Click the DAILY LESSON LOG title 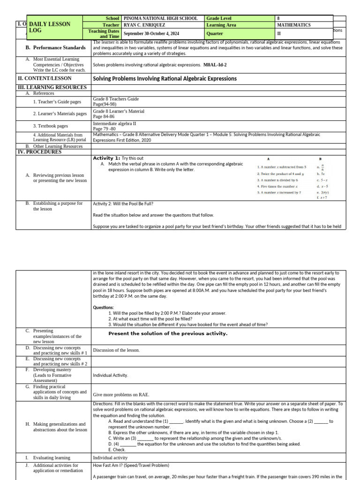[50, 27]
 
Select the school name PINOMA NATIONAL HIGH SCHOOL [157, 18]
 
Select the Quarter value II [279, 34]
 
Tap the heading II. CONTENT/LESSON [45, 78]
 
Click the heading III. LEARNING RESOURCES [52, 87]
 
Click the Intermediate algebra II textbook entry [115, 123]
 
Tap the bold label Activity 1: [106, 158]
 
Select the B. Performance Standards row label [55, 47]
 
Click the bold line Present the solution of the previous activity [168, 333]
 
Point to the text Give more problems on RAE [121, 395]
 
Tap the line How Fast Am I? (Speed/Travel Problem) [131, 465]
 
